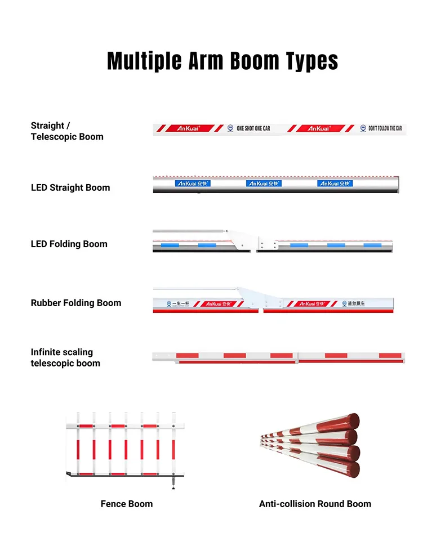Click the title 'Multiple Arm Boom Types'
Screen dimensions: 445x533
pos(222,61)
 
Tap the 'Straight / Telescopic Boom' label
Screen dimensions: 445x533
pos(67,131)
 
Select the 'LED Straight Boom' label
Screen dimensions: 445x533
pos(70,187)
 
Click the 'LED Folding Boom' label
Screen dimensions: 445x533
pos(69,244)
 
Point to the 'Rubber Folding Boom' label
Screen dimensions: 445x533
pos(76,303)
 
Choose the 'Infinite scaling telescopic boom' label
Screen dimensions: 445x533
pos(65,357)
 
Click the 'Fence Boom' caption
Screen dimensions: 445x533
pos(127,504)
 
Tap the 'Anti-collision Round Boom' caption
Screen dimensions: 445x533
pos(315,504)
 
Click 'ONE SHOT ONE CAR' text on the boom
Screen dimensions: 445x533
pos(253,128)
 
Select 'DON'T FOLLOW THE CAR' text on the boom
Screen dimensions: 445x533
pos(385,128)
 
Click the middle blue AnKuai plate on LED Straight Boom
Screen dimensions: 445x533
pos(264,183)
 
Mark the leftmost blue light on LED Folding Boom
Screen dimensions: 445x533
pos(168,245)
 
